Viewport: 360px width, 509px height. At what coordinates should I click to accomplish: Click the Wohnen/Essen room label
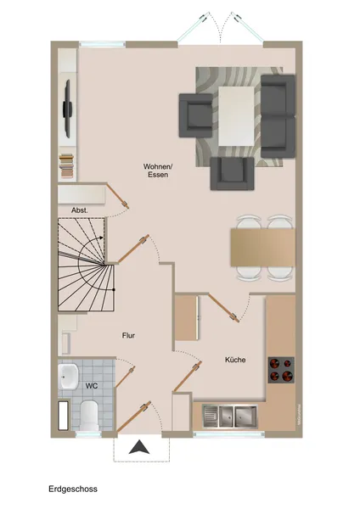click(x=158, y=172)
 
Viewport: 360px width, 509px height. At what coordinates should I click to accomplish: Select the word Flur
click(x=127, y=336)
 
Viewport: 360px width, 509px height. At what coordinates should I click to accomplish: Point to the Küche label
click(x=235, y=361)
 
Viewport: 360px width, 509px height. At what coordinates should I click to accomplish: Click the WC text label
click(x=90, y=386)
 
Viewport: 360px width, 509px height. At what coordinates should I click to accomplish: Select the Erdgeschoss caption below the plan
click(x=73, y=490)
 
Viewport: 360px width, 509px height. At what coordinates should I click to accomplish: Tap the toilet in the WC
click(x=91, y=413)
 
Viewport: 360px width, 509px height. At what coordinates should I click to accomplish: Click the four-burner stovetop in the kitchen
click(x=281, y=370)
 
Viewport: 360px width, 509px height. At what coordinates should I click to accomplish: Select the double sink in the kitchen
click(x=230, y=416)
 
